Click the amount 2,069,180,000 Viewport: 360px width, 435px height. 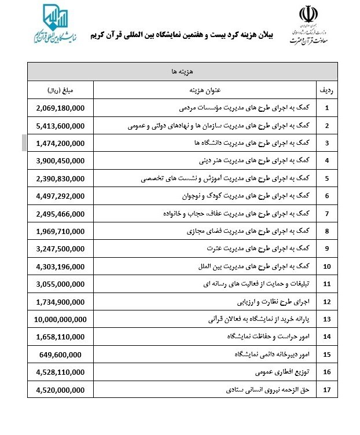(x=60, y=108)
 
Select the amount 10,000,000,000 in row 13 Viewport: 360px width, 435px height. (x=61, y=319)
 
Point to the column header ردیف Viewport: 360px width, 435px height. (x=326, y=90)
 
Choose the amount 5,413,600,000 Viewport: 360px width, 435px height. (x=60, y=126)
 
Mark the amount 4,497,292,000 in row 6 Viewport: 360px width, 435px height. (x=60, y=196)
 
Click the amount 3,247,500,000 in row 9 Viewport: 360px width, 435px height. (x=60, y=248)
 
